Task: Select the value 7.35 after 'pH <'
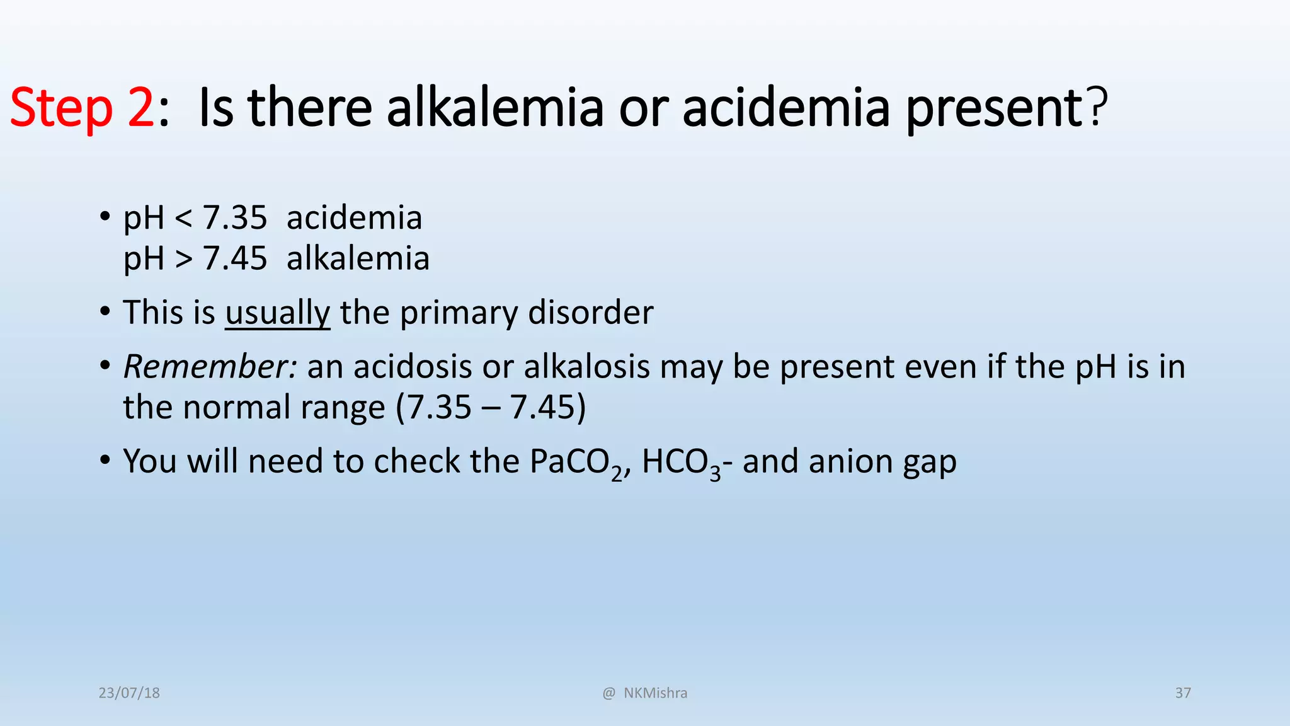(234, 218)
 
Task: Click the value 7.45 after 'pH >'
(234, 258)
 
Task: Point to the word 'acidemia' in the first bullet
(354, 218)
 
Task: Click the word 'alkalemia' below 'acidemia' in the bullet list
(358, 258)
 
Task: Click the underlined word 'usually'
(277, 313)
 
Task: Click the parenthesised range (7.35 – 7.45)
(491, 407)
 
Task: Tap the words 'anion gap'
(882, 462)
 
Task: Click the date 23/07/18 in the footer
(129, 693)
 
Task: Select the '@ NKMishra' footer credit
(645, 693)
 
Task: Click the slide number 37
(1183, 693)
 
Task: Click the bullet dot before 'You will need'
(105, 461)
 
